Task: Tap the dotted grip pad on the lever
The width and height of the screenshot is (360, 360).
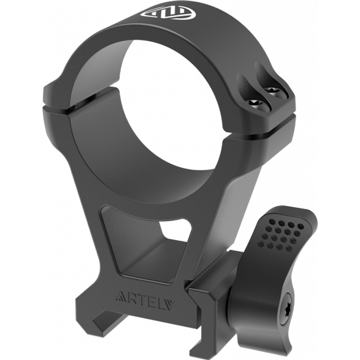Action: tap(281, 235)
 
